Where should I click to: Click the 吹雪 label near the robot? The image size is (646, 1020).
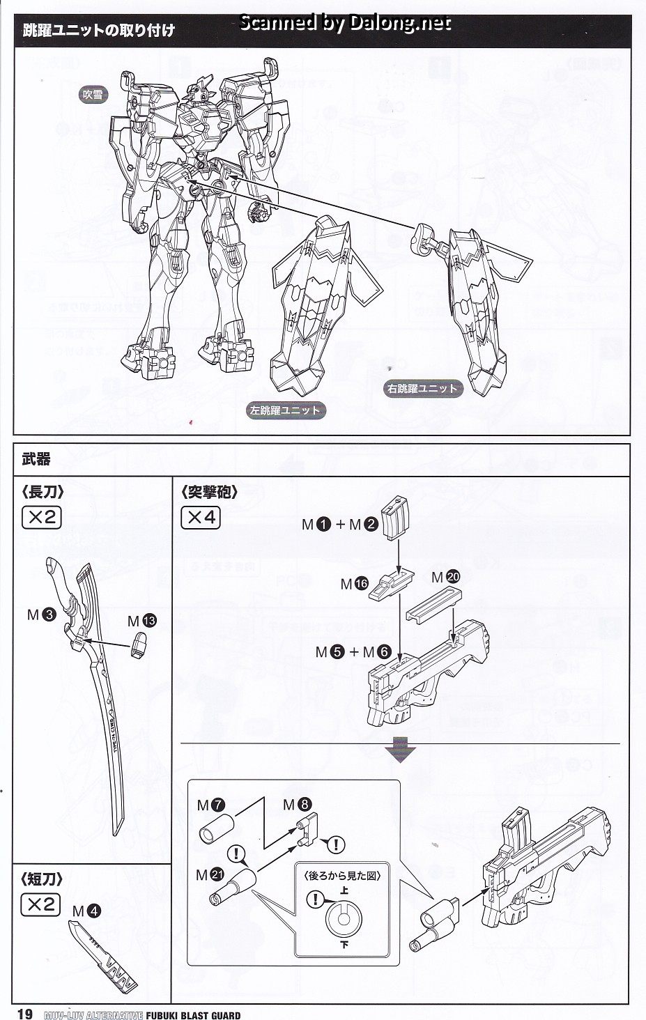tap(93, 94)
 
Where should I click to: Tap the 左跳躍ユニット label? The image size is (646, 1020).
tap(285, 410)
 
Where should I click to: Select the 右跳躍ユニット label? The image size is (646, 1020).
tap(422, 389)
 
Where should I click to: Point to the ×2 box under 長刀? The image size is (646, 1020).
tap(42, 518)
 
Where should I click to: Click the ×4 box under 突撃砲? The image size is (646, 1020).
tap(200, 518)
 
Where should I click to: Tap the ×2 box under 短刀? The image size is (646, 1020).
tap(42, 904)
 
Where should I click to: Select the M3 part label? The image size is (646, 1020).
tap(41, 615)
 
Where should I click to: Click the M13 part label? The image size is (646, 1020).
tap(141, 621)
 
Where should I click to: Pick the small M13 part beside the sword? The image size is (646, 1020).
tap(139, 644)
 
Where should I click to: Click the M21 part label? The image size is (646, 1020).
tap(210, 875)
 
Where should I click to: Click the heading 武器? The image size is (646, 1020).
tap(36, 460)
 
